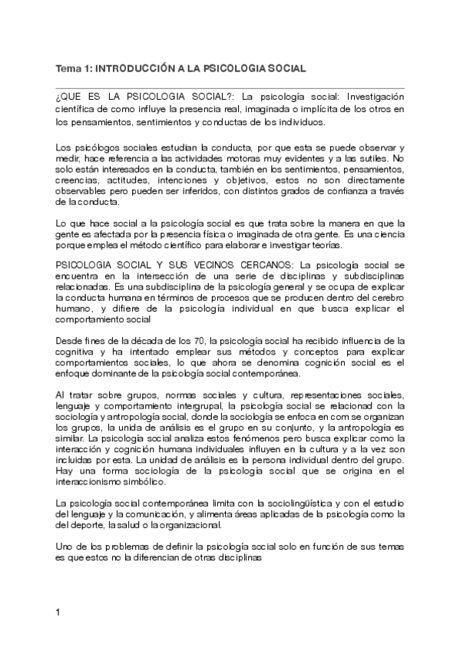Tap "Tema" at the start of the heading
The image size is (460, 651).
[67, 68]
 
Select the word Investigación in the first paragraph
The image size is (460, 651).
[374, 97]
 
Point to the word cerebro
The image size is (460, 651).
[388, 289]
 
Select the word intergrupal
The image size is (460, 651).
[194, 406]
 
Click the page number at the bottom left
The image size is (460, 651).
[58, 613]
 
